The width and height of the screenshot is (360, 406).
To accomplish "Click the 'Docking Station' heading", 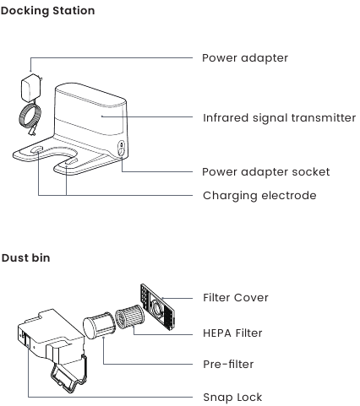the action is coord(47,11).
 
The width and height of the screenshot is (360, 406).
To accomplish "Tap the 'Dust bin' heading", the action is coord(25,257).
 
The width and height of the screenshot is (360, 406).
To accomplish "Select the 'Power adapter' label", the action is coord(245,58).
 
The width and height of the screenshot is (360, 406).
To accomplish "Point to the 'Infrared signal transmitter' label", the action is coord(280,118).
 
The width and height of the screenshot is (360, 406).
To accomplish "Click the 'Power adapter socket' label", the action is coord(266,171).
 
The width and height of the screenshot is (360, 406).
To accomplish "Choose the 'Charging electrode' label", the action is coord(259,196).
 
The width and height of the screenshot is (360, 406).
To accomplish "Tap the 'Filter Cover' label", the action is coord(236,298).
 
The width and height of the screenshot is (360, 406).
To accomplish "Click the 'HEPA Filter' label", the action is coord(232,333).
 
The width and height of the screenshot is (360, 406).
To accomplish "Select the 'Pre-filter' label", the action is coord(228,364).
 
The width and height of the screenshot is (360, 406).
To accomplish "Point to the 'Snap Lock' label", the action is coord(232,398).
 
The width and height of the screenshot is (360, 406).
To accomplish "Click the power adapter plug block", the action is coord(31,88).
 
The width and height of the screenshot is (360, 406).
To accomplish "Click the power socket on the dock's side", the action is coord(121,149).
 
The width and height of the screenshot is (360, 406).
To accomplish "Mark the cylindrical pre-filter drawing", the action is coord(99,325).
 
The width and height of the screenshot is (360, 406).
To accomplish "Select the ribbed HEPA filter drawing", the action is coord(129,317).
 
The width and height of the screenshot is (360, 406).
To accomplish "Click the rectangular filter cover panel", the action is coord(157,306).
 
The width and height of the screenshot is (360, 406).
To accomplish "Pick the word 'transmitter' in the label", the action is coord(324,118).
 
